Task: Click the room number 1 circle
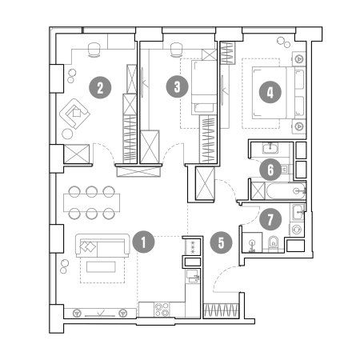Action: pos(143,242)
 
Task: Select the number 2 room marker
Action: pos(100,87)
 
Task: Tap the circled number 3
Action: pos(178,86)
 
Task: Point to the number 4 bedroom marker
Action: pos(270,92)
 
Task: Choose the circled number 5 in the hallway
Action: pos(221,242)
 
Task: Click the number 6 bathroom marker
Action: pos(270,170)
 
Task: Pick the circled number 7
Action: pos(270,219)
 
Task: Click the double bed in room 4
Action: pos(278,93)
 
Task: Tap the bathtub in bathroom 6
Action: pos(286,190)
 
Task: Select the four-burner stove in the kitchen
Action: pos(162,310)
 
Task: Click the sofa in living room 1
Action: pos(102,246)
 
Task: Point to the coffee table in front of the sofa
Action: pos(101,266)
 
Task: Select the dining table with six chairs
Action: pos(91,202)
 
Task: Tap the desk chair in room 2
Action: pos(94,50)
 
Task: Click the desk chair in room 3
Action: pos(175,50)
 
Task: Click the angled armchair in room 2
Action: pos(74,114)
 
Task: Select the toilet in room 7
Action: pos(273,243)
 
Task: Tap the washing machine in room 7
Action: pos(297,230)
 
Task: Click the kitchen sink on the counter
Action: pos(193,276)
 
